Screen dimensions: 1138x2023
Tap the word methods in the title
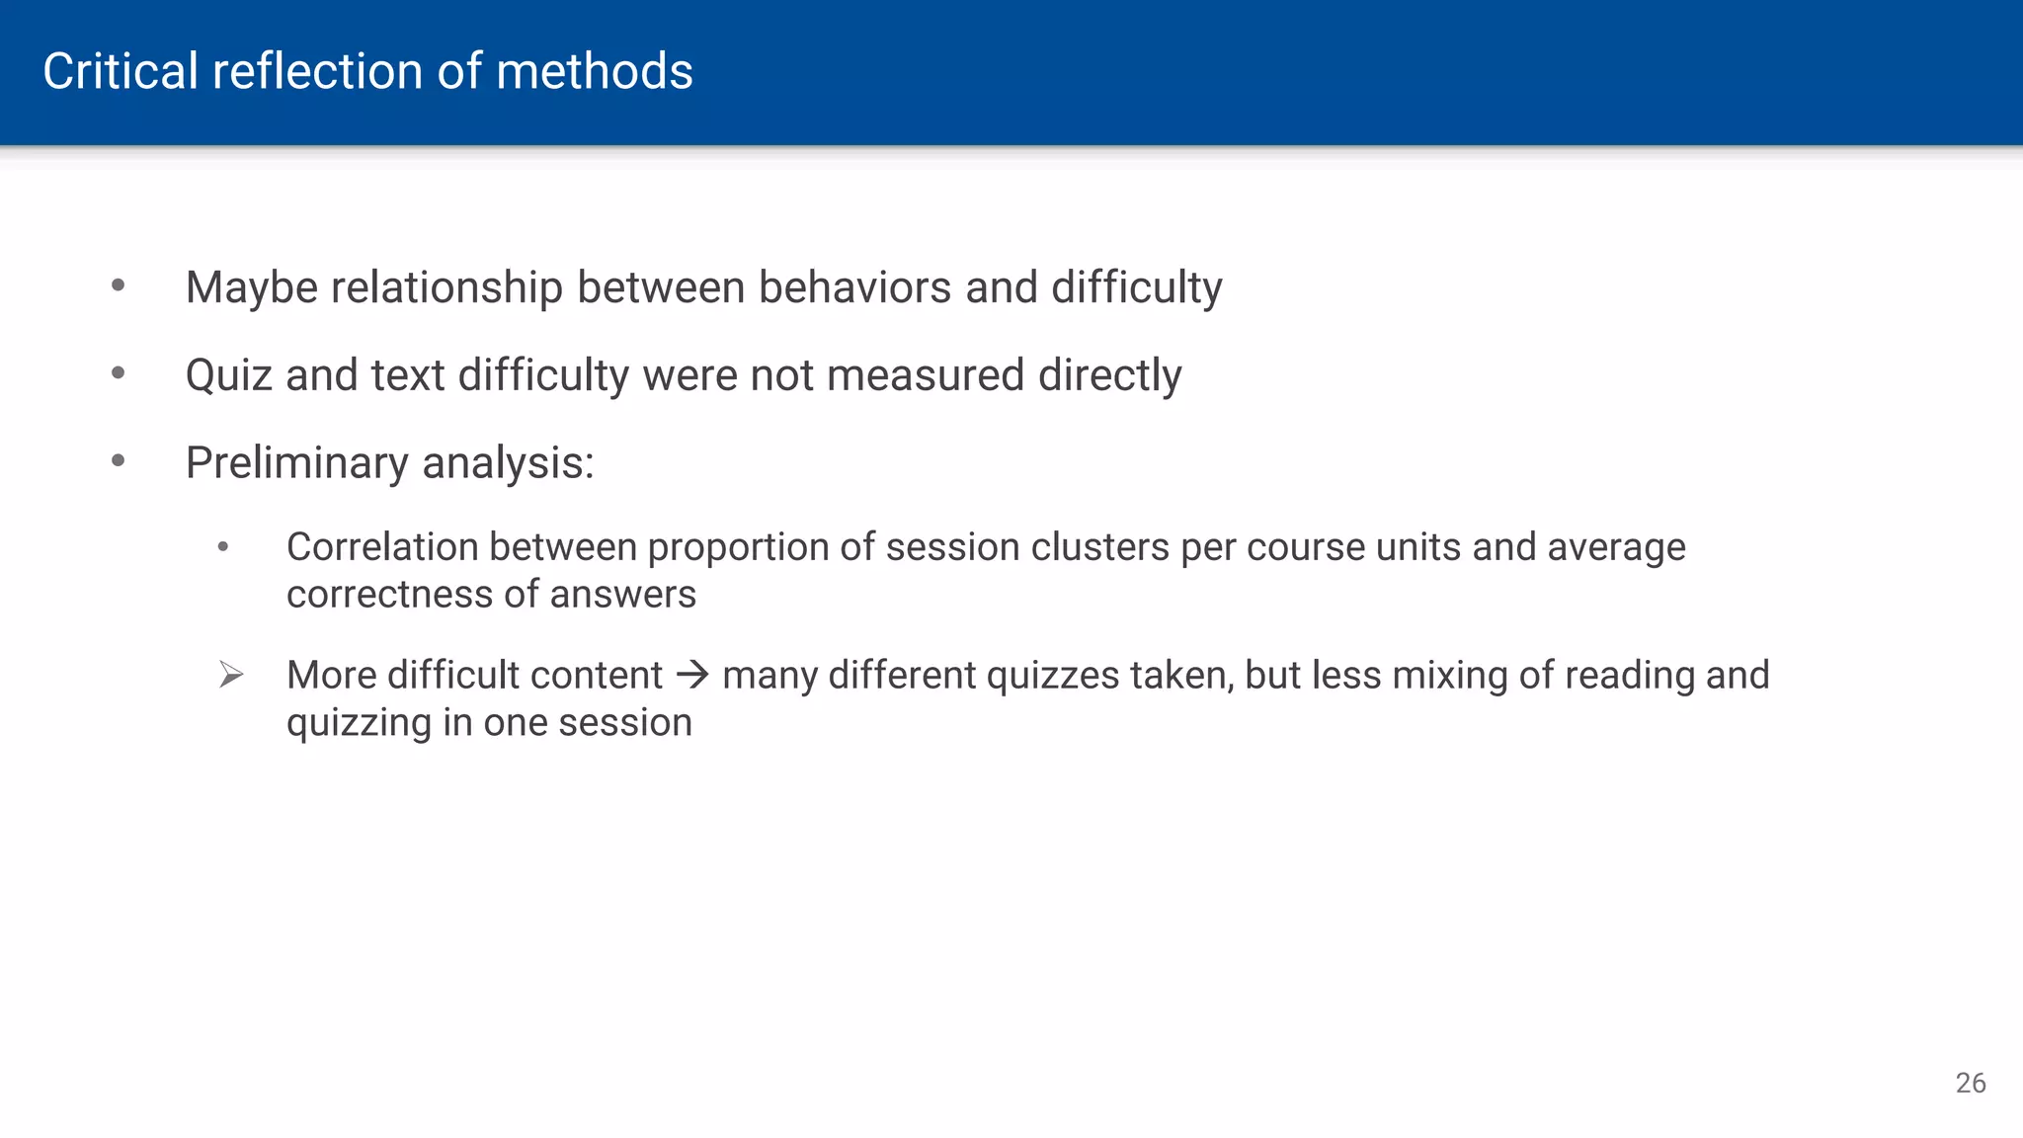pos(595,72)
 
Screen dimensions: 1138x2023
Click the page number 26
pos(1970,1083)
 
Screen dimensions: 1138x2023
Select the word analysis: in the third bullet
pos(508,463)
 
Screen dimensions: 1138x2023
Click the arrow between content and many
pos(692,676)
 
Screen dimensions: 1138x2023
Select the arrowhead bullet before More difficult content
pos(231,676)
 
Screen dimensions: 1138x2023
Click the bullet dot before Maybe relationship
pos(119,286)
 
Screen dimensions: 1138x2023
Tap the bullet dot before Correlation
pos(223,546)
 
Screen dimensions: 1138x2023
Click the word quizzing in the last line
pos(359,723)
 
